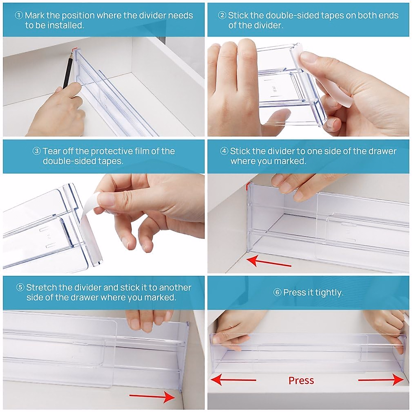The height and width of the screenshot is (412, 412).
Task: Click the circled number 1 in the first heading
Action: coord(19,15)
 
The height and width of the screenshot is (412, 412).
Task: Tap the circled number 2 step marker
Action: coord(222,15)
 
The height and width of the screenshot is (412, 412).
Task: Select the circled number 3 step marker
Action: coord(36,151)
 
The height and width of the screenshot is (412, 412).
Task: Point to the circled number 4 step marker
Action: coord(224,151)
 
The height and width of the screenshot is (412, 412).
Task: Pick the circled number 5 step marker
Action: coord(20,287)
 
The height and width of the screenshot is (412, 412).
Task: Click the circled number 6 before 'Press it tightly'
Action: coord(277,292)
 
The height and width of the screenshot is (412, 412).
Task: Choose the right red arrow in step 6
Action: coord(381,380)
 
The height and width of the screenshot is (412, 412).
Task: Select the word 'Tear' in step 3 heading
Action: coord(51,151)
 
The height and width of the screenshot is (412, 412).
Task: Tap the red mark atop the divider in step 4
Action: coord(248,186)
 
